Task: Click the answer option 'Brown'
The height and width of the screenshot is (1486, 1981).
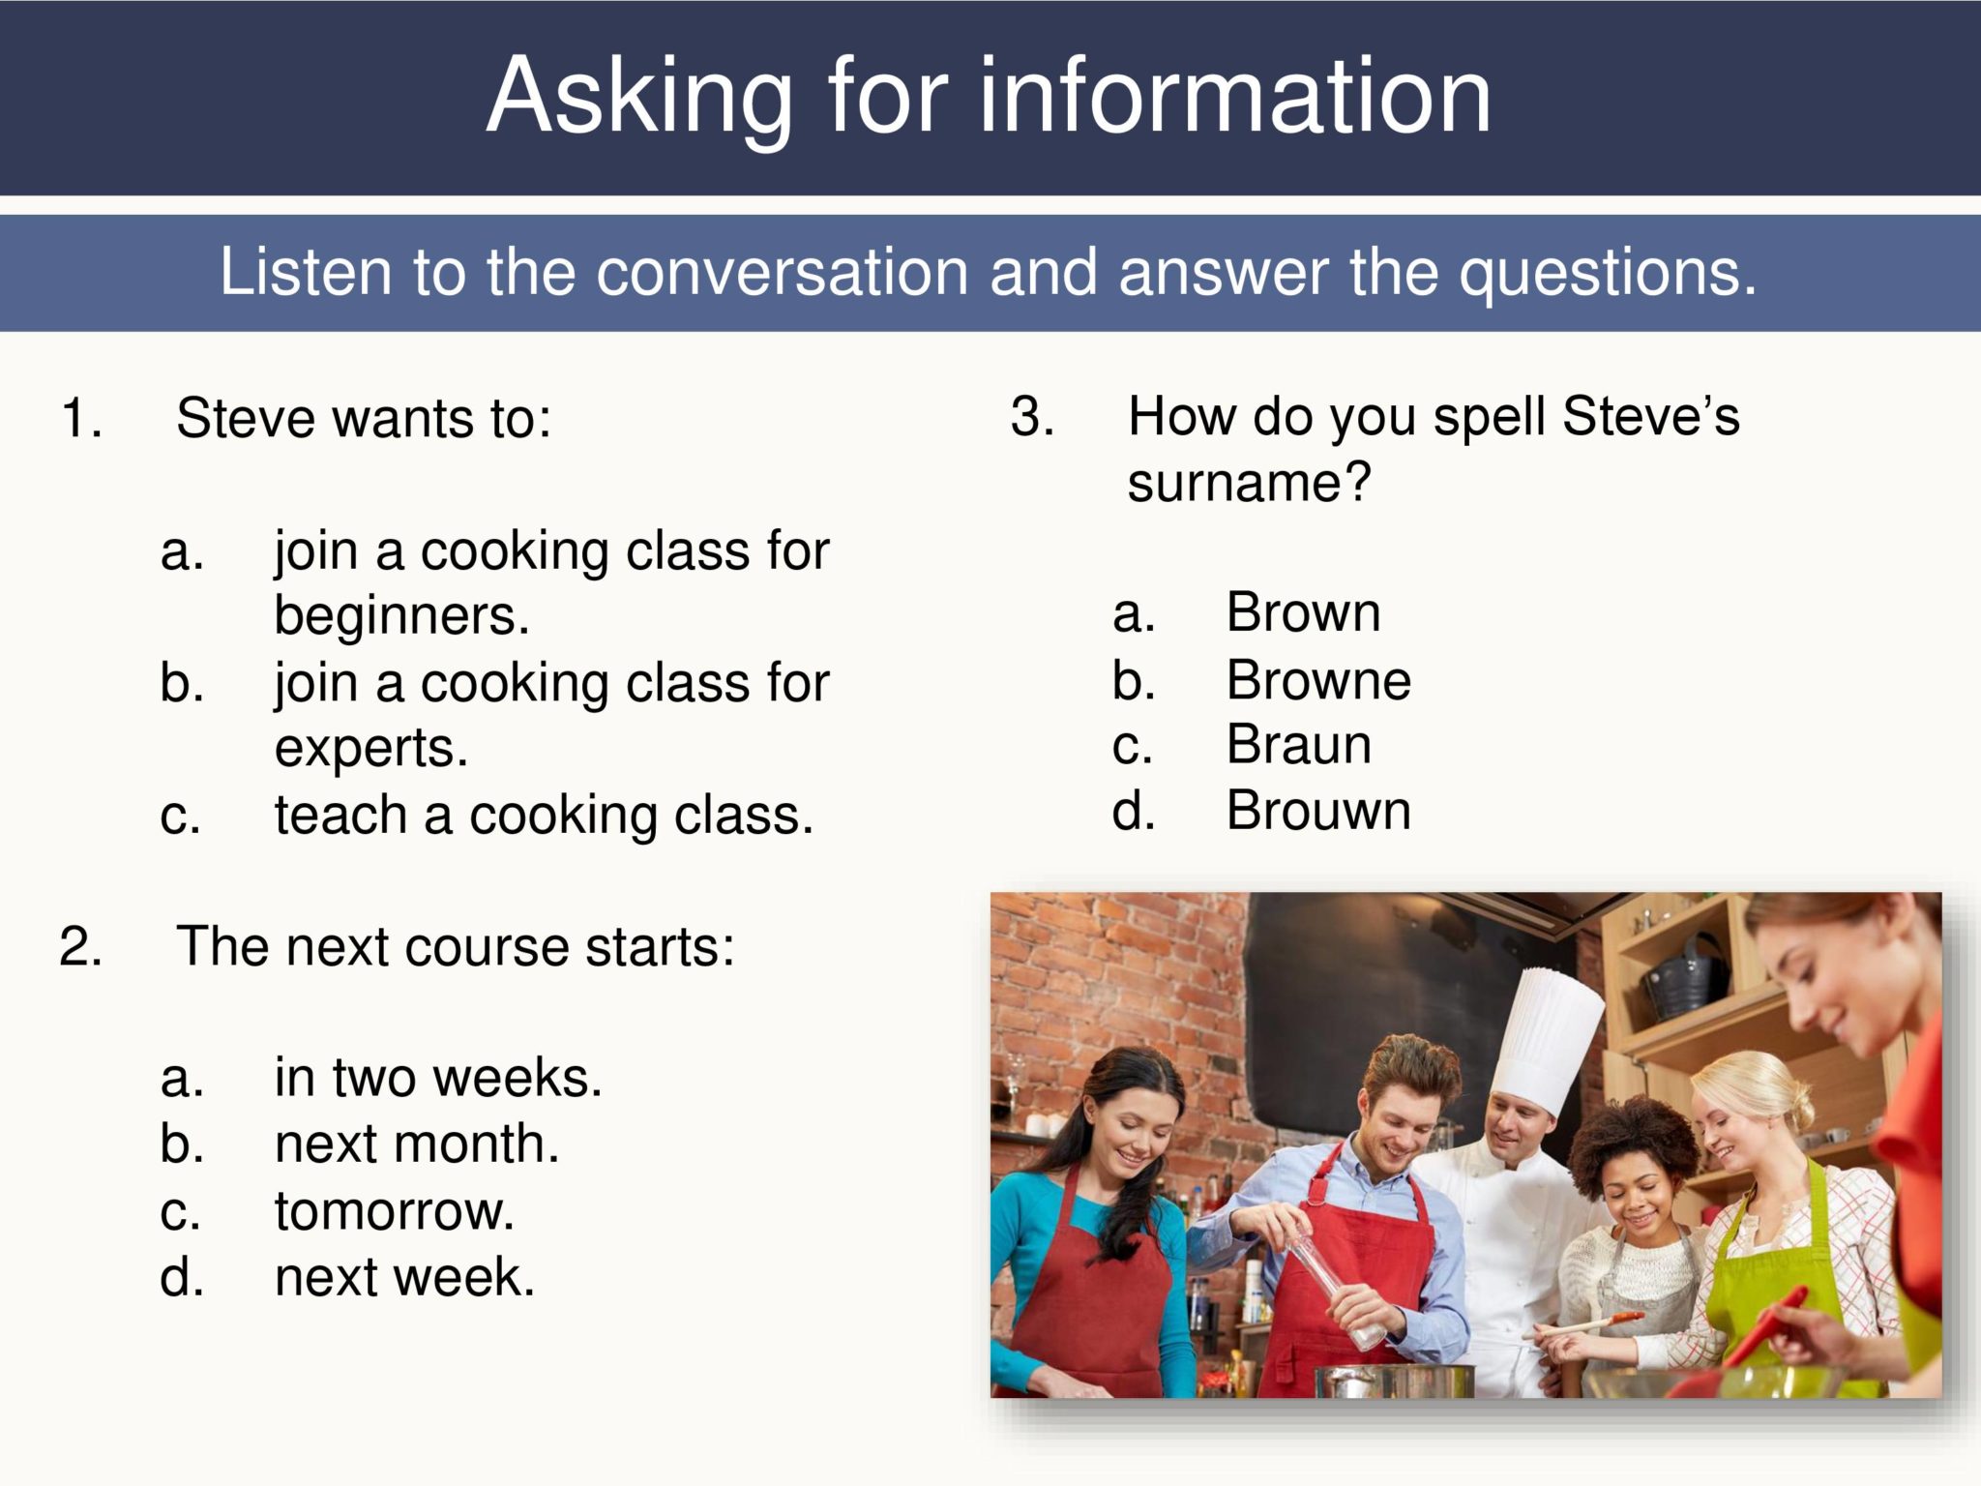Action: pos(1303,612)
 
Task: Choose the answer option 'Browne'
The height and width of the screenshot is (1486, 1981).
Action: pos(1318,680)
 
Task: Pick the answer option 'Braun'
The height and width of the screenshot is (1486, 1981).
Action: pos(1298,745)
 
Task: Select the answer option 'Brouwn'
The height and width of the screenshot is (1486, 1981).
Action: pos(1318,811)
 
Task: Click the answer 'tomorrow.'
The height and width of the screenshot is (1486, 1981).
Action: pos(395,1210)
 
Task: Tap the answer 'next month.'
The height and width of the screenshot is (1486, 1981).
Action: pos(417,1144)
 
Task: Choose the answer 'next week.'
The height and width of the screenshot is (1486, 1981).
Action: pos(404,1277)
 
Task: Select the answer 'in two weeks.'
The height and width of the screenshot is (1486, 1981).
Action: pos(438,1078)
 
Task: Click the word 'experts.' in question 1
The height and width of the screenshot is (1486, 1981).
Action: pos(371,748)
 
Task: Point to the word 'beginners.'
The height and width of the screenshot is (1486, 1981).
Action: pos(401,615)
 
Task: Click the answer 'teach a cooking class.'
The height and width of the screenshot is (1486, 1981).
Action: pos(544,815)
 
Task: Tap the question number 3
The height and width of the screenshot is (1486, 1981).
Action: pos(1031,417)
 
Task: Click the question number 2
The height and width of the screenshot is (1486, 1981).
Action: pos(80,946)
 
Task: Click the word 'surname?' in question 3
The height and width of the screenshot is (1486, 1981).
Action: pos(1249,482)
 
